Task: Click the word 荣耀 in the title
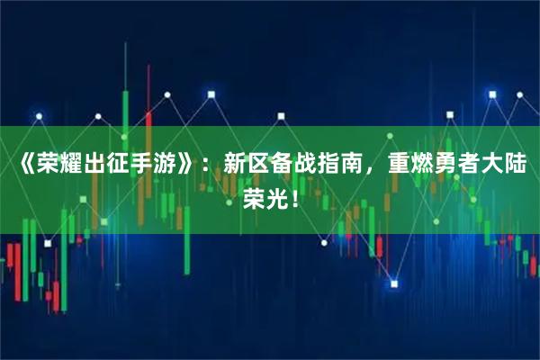(53, 166)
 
